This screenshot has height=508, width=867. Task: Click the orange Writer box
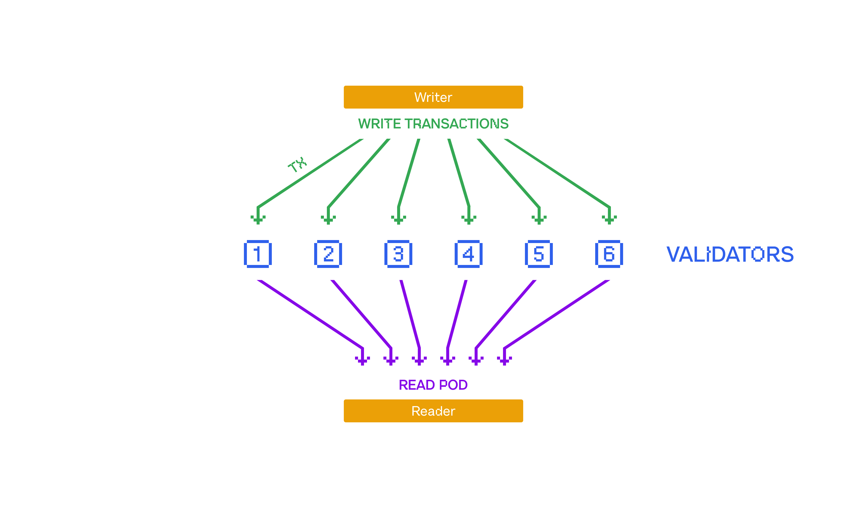433,97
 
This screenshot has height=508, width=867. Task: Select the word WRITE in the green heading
379,124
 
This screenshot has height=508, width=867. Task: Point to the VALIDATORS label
730,254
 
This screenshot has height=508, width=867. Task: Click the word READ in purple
416,385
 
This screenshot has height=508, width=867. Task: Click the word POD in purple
453,385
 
